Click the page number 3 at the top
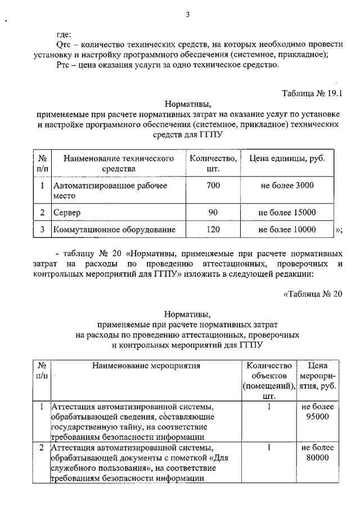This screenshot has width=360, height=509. coord(188,15)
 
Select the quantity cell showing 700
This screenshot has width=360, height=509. coord(213,186)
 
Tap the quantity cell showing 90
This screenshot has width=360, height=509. coord(213,213)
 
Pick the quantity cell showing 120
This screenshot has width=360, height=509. coord(213,229)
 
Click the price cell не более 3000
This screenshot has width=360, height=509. coord(287,186)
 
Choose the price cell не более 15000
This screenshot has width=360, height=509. coord(287,213)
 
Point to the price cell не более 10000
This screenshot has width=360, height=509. coord(287,229)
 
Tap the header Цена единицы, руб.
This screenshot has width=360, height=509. coord(287,159)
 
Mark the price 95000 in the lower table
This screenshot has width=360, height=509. coord(318,416)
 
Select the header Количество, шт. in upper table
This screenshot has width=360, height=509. coord(213,164)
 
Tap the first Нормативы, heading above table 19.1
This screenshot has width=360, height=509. coord(188,103)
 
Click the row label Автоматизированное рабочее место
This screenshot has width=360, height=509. coord(110,191)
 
